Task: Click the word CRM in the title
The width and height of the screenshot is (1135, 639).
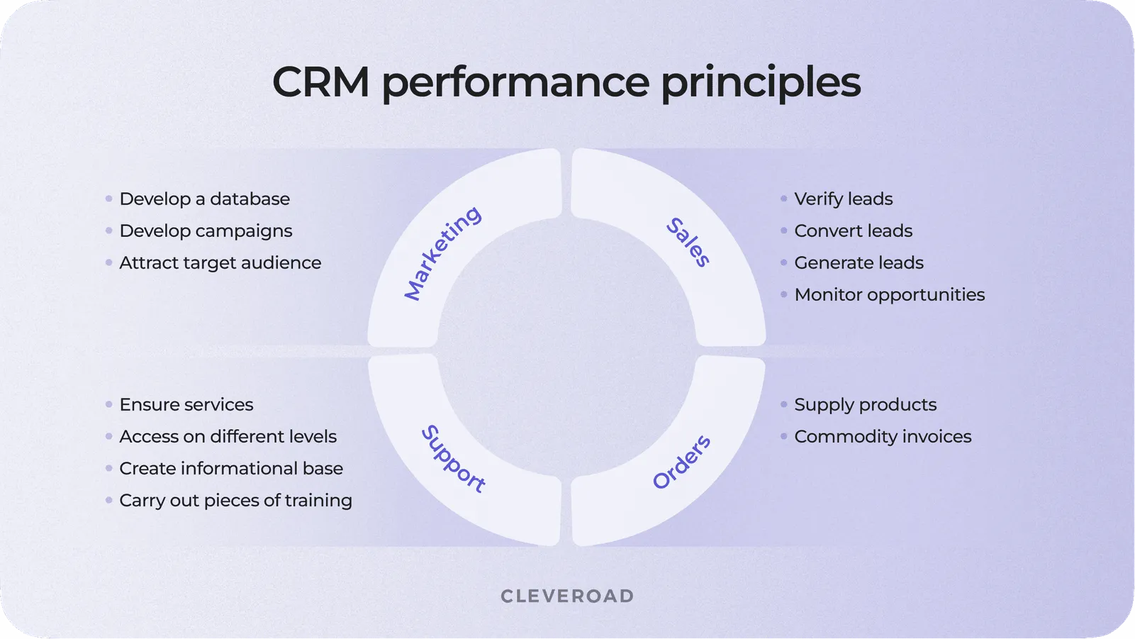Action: click(x=320, y=82)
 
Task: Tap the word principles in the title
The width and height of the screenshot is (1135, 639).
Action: click(x=761, y=83)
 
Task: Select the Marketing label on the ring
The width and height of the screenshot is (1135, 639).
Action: click(x=442, y=253)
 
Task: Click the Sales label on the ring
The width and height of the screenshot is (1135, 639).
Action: click(x=688, y=243)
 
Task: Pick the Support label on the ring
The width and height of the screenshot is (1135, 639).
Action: click(x=453, y=459)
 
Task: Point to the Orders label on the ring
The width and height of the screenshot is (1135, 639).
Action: click(x=681, y=462)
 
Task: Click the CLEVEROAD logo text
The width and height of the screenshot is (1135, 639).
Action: click(x=567, y=596)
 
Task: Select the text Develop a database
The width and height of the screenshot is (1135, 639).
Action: click(x=204, y=199)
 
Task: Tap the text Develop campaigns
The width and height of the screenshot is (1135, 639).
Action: click(x=206, y=231)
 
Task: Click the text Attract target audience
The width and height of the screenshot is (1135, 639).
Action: click(x=220, y=263)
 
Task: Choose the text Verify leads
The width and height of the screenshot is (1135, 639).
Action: click(x=843, y=199)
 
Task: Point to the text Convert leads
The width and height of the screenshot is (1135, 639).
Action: click(x=853, y=231)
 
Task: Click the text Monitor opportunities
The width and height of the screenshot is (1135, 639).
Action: click(x=889, y=295)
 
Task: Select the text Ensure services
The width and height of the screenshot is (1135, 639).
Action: click(x=186, y=405)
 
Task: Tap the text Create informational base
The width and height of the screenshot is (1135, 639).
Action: click(x=231, y=469)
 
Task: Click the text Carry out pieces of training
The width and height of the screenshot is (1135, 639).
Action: click(x=235, y=501)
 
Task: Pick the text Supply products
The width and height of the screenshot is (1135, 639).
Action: click(x=865, y=405)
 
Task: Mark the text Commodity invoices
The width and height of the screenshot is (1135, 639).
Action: click(x=883, y=437)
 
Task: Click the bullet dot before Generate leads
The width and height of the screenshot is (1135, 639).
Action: click(x=783, y=263)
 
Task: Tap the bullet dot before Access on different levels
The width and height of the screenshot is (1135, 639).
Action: click(x=108, y=437)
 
